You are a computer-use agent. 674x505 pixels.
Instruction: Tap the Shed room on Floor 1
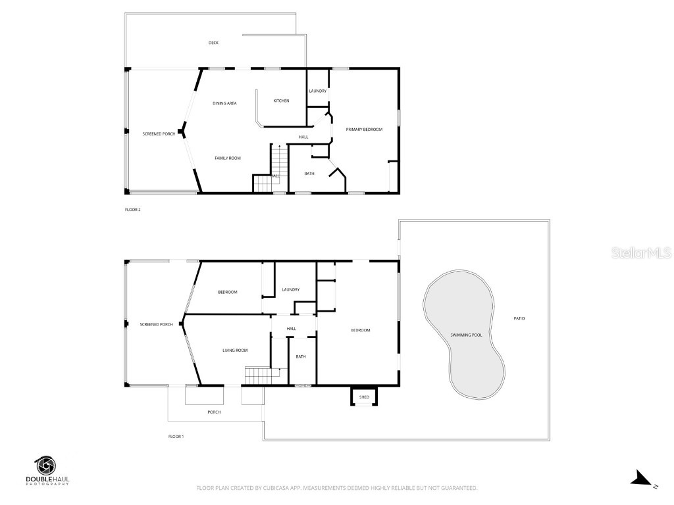click(364, 397)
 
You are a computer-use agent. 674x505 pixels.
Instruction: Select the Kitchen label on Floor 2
click(282, 101)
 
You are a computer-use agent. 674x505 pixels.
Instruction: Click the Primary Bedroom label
click(364, 130)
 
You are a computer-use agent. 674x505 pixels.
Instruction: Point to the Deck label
click(213, 43)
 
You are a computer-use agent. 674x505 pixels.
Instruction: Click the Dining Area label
click(224, 103)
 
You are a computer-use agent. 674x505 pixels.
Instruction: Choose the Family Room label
click(228, 158)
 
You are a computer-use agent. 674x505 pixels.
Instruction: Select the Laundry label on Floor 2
click(318, 91)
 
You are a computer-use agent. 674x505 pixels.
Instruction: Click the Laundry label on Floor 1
click(290, 289)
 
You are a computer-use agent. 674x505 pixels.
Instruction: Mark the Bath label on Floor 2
click(309, 174)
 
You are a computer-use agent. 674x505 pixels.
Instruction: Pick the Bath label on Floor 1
click(301, 356)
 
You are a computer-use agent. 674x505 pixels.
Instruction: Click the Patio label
click(519, 318)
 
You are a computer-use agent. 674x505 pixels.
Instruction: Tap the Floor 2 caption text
click(133, 210)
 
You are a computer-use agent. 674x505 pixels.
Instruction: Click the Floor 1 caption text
click(176, 436)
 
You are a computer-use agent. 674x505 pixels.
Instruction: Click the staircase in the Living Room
click(258, 376)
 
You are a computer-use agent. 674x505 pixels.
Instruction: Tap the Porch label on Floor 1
click(214, 412)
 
